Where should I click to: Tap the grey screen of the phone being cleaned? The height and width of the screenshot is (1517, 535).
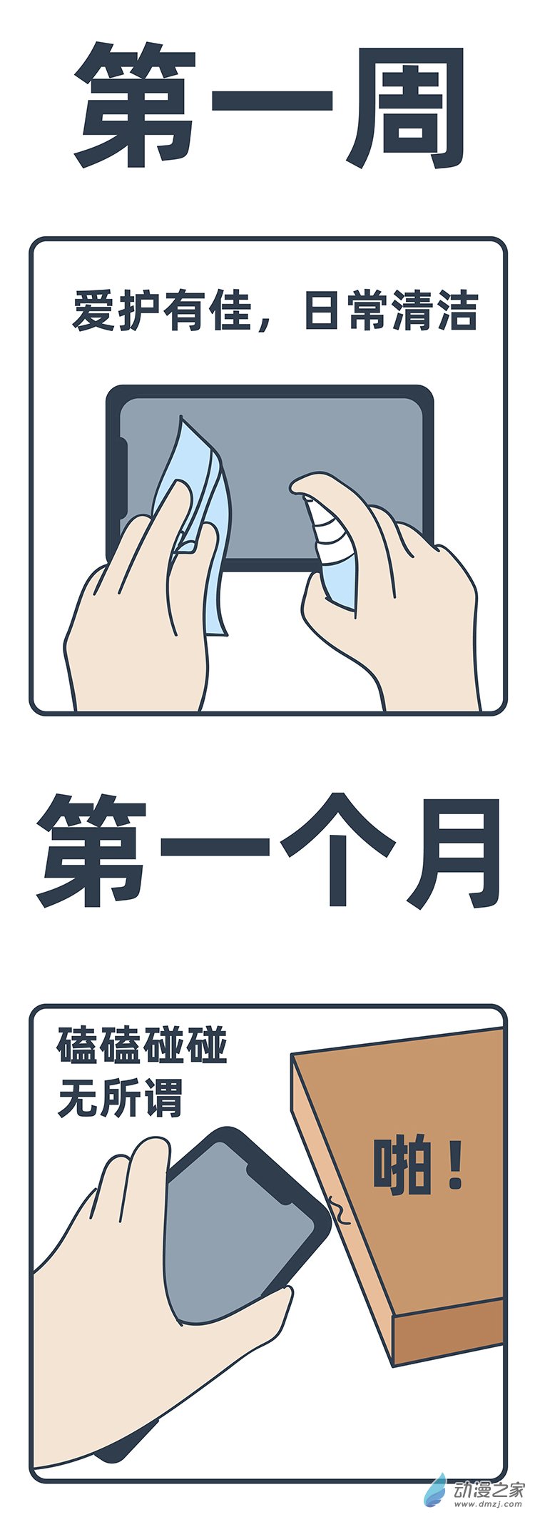(300, 442)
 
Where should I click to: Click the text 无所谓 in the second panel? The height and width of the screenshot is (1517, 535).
(120, 1097)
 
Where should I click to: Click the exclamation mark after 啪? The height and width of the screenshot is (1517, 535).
(455, 1166)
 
